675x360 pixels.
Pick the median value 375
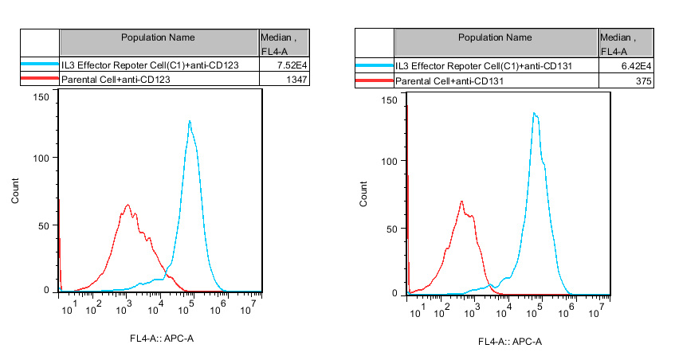645,81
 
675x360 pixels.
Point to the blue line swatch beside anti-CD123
39,65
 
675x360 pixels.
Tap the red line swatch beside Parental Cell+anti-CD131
375,81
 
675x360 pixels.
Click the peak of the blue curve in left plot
190,121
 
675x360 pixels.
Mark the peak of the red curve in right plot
462,201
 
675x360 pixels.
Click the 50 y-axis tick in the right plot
390,228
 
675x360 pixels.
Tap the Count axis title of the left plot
15,196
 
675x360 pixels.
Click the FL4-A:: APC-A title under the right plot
509,342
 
